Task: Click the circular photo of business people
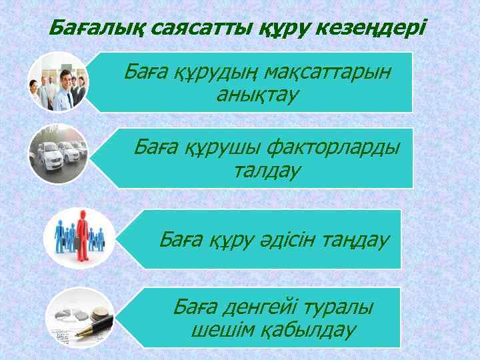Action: click(58, 83)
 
